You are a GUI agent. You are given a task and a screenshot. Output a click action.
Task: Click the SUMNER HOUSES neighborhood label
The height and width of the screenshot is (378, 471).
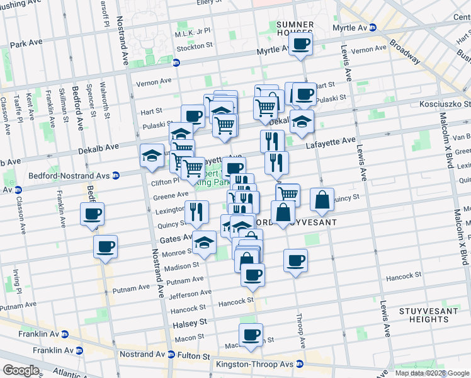click(x=295, y=28)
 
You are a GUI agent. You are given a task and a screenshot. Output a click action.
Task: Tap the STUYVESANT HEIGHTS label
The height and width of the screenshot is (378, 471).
click(x=423, y=315)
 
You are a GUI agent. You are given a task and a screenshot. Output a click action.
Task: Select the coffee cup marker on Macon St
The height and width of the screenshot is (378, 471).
click(x=251, y=335)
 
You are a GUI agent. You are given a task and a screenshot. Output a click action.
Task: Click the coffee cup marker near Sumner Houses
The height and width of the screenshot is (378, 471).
click(x=300, y=45)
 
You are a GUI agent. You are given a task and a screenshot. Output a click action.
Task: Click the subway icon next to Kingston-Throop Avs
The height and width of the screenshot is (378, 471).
click(x=300, y=364)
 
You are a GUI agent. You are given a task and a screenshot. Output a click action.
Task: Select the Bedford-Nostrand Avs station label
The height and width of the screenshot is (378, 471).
click(x=70, y=175)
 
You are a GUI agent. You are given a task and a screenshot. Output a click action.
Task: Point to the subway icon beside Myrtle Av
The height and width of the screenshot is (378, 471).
click(x=373, y=28)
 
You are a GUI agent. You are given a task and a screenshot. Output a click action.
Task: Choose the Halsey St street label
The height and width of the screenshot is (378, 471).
click(x=190, y=322)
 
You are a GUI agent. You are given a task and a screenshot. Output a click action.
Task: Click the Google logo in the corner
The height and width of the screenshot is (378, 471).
click(x=21, y=370)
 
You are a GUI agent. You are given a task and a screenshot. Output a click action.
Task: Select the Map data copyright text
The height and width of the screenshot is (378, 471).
click(x=432, y=373)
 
